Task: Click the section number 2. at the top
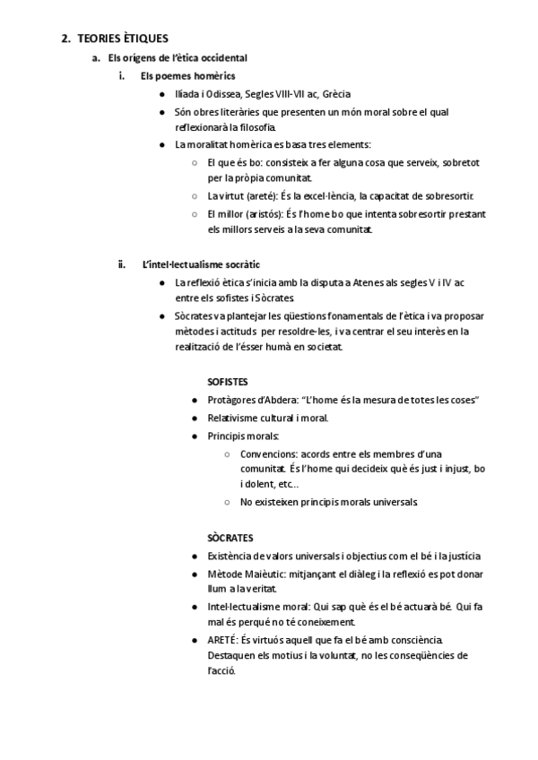pos(65,39)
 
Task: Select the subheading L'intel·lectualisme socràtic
pos(201,265)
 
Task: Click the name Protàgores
pos(236,399)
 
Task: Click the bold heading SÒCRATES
pos(230,538)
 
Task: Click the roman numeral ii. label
pos(122,265)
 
